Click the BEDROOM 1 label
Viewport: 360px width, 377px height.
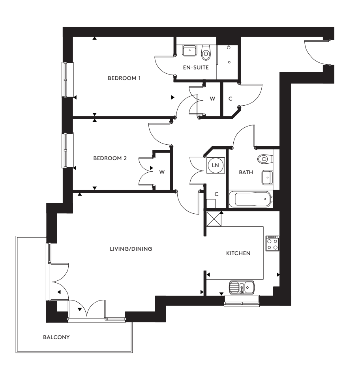click(x=124, y=78)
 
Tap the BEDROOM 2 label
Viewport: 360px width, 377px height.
click(x=110, y=159)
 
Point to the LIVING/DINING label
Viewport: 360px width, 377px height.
click(x=131, y=249)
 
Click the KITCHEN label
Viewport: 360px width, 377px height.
click(x=238, y=253)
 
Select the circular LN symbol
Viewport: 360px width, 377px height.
click(x=216, y=165)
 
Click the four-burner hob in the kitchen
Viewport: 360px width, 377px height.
click(x=272, y=244)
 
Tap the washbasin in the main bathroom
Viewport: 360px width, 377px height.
click(x=267, y=177)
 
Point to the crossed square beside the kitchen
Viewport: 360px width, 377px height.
click(x=214, y=219)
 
